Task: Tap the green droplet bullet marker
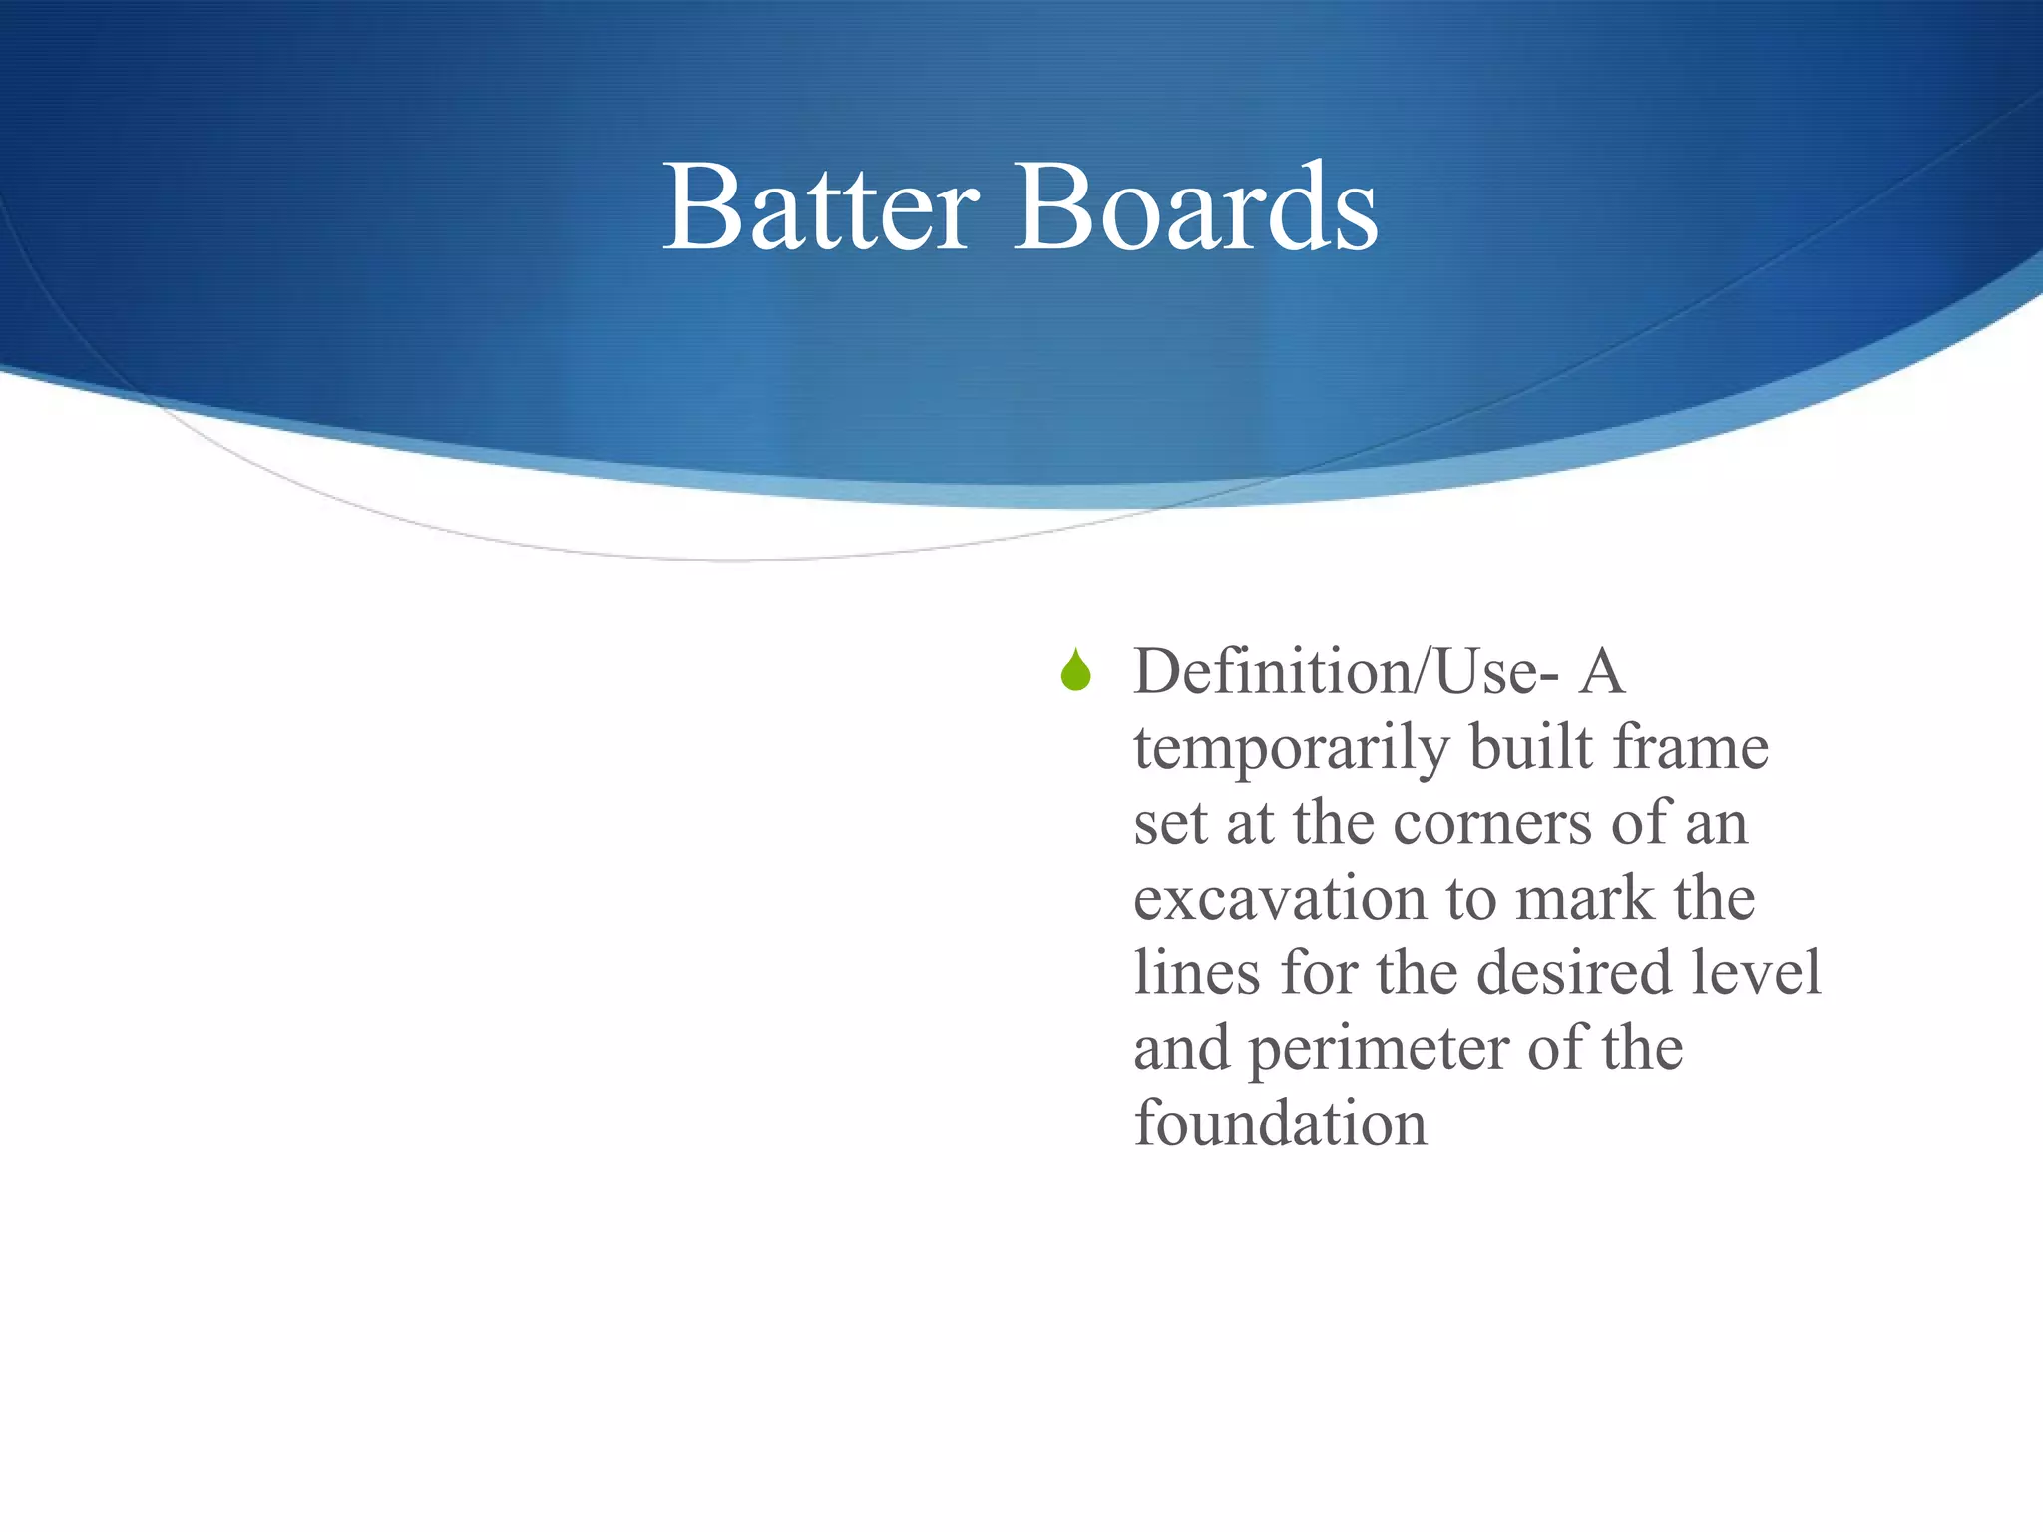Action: pos(1075,670)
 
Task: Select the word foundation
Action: pos(1280,1123)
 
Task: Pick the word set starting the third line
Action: pos(1169,825)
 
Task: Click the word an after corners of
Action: pos(1716,825)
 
